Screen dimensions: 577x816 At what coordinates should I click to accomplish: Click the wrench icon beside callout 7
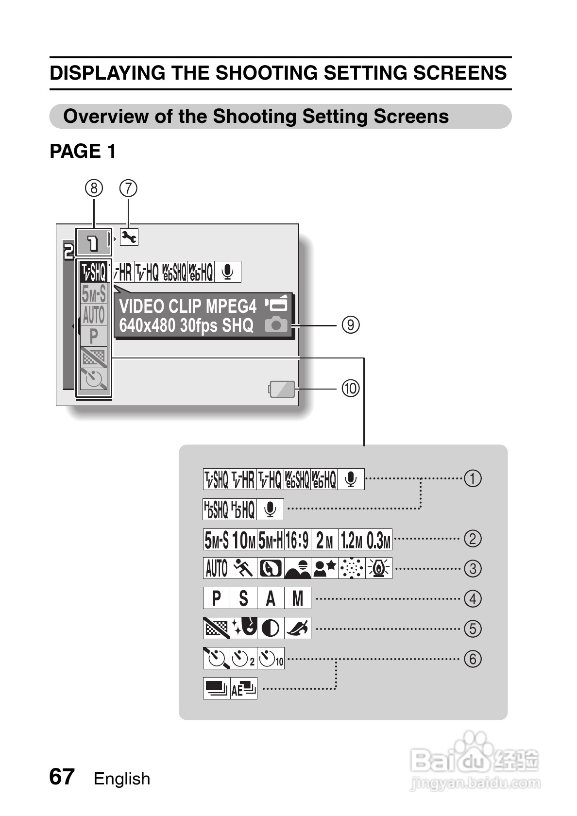tap(129, 237)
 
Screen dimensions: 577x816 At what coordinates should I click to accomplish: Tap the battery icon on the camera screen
tap(282, 389)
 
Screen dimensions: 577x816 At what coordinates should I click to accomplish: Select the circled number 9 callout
tap(350, 324)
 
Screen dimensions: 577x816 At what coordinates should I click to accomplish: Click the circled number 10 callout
tap(350, 388)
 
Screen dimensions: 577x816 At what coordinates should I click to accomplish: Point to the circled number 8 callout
tap(94, 188)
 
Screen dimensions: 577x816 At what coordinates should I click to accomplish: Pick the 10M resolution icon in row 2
tap(244, 540)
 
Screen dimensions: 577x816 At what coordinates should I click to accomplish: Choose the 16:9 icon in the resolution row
tap(297, 540)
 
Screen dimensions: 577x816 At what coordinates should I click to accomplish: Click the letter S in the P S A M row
tap(243, 598)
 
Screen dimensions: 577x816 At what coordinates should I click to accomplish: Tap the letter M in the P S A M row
tap(297, 598)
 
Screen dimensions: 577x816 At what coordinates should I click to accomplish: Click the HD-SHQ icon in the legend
tap(216, 509)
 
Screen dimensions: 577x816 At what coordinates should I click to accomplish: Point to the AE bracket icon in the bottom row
tap(243, 688)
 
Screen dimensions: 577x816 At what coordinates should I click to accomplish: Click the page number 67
tap(62, 777)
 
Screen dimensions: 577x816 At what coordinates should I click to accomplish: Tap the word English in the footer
tap(122, 779)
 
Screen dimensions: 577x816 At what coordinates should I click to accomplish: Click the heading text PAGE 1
tap(83, 152)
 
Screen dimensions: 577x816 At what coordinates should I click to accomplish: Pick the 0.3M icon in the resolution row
tap(378, 540)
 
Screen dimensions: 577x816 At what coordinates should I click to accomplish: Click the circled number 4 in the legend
tap(473, 598)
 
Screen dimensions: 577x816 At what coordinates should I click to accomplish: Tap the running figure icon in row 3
tap(243, 568)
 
